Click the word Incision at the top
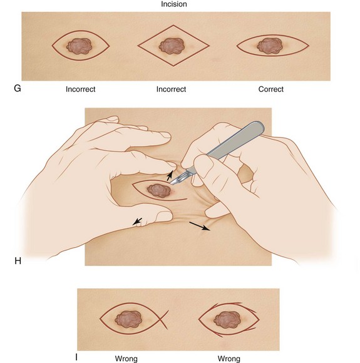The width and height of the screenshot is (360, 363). click(174, 4)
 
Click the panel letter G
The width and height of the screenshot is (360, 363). click(18, 88)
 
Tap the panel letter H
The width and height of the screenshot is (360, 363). click(18, 261)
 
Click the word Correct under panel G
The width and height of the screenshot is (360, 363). click(271, 89)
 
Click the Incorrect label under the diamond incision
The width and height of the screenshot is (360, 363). click(171, 89)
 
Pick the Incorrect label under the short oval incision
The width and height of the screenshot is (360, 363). click(80, 89)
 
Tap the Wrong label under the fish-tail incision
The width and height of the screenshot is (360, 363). click(126, 359)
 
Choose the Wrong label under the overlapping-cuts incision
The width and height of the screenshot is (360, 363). click(229, 359)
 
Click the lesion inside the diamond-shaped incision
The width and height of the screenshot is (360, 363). click(172, 46)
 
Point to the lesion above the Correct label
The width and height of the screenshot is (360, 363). click(270, 46)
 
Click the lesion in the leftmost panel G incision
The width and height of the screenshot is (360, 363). click(80, 46)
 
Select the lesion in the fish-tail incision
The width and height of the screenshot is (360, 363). click(128, 319)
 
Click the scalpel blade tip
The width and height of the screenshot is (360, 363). click(170, 184)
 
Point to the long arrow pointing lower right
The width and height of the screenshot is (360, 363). click(200, 226)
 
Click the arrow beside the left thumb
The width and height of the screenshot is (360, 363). click(137, 222)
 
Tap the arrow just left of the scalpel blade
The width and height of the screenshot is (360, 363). click(170, 176)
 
